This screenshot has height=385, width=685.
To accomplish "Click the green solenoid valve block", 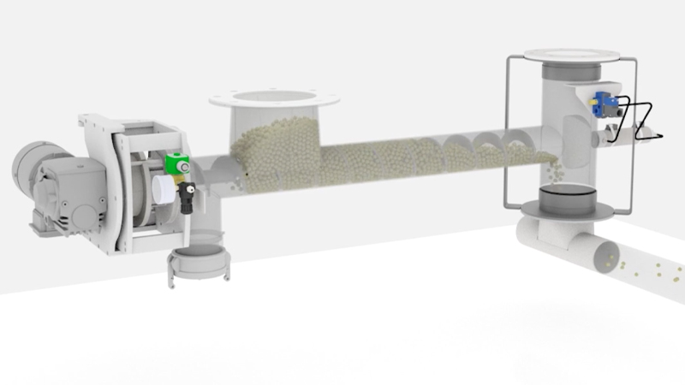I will tap(177, 163).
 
